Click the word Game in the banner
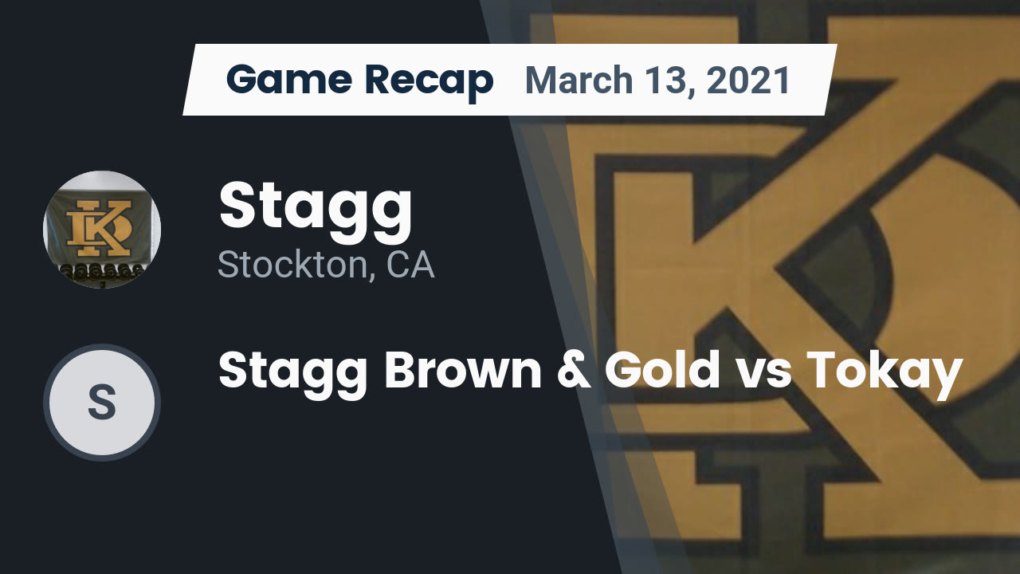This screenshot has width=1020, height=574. (289, 79)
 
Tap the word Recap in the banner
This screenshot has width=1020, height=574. (429, 82)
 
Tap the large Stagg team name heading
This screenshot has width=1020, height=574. (316, 209)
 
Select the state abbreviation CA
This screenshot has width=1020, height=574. (410, 265)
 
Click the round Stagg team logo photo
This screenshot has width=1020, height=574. (102, 229)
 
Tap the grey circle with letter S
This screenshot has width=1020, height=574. (102, 403)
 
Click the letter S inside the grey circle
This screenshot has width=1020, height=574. (102, 403)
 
